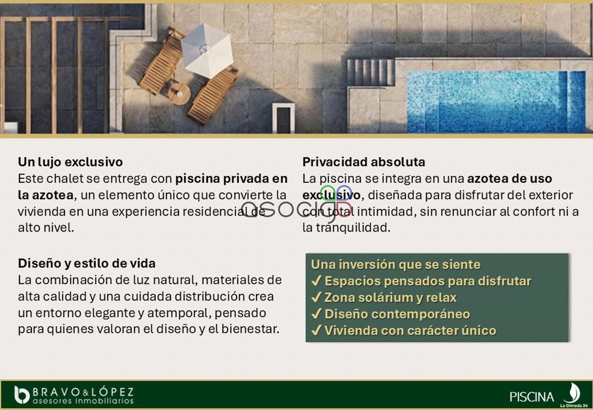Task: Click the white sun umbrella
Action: [207, 51]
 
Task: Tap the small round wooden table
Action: [179, 94]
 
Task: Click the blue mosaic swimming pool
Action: [496, 101]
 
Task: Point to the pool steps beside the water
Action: [371, 73]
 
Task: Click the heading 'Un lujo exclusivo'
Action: [70, 162]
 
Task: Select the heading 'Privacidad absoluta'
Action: [364, 162]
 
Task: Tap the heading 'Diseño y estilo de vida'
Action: [87, 263]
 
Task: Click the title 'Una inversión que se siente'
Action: [396, 264]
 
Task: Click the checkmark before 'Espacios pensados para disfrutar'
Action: [317, 281]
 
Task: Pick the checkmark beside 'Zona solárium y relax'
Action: [317, 297]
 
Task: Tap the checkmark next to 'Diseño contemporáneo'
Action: [317, 314]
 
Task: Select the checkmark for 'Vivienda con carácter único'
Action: [317, 330]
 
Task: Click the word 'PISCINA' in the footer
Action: [531, 397]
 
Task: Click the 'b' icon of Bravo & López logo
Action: [22, 395]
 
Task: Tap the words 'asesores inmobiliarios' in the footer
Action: [83, 401]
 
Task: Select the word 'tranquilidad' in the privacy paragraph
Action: [354, 228]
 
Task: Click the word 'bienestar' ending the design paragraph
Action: [250, 329]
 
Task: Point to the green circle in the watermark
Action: [328, 193]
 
